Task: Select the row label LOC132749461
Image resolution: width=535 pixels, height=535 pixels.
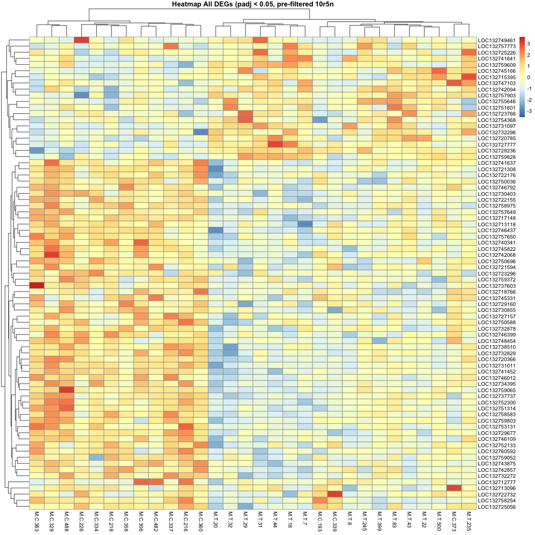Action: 496,40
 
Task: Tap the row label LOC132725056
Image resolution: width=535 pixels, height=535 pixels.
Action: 496,507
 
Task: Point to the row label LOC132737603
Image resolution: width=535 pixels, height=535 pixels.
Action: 496,286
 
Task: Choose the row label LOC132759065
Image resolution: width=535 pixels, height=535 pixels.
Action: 496,390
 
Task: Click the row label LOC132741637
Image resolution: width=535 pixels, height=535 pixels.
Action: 496,163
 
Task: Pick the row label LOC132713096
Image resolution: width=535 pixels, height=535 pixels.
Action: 496,488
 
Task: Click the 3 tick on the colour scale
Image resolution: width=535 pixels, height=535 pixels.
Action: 528,43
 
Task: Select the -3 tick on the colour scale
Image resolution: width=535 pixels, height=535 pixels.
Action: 529,111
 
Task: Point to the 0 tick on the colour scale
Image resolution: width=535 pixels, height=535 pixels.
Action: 528,77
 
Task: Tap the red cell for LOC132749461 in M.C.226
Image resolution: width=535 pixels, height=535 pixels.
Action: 82,40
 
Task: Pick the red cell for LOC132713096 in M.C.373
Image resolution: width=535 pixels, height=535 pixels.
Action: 453,488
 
